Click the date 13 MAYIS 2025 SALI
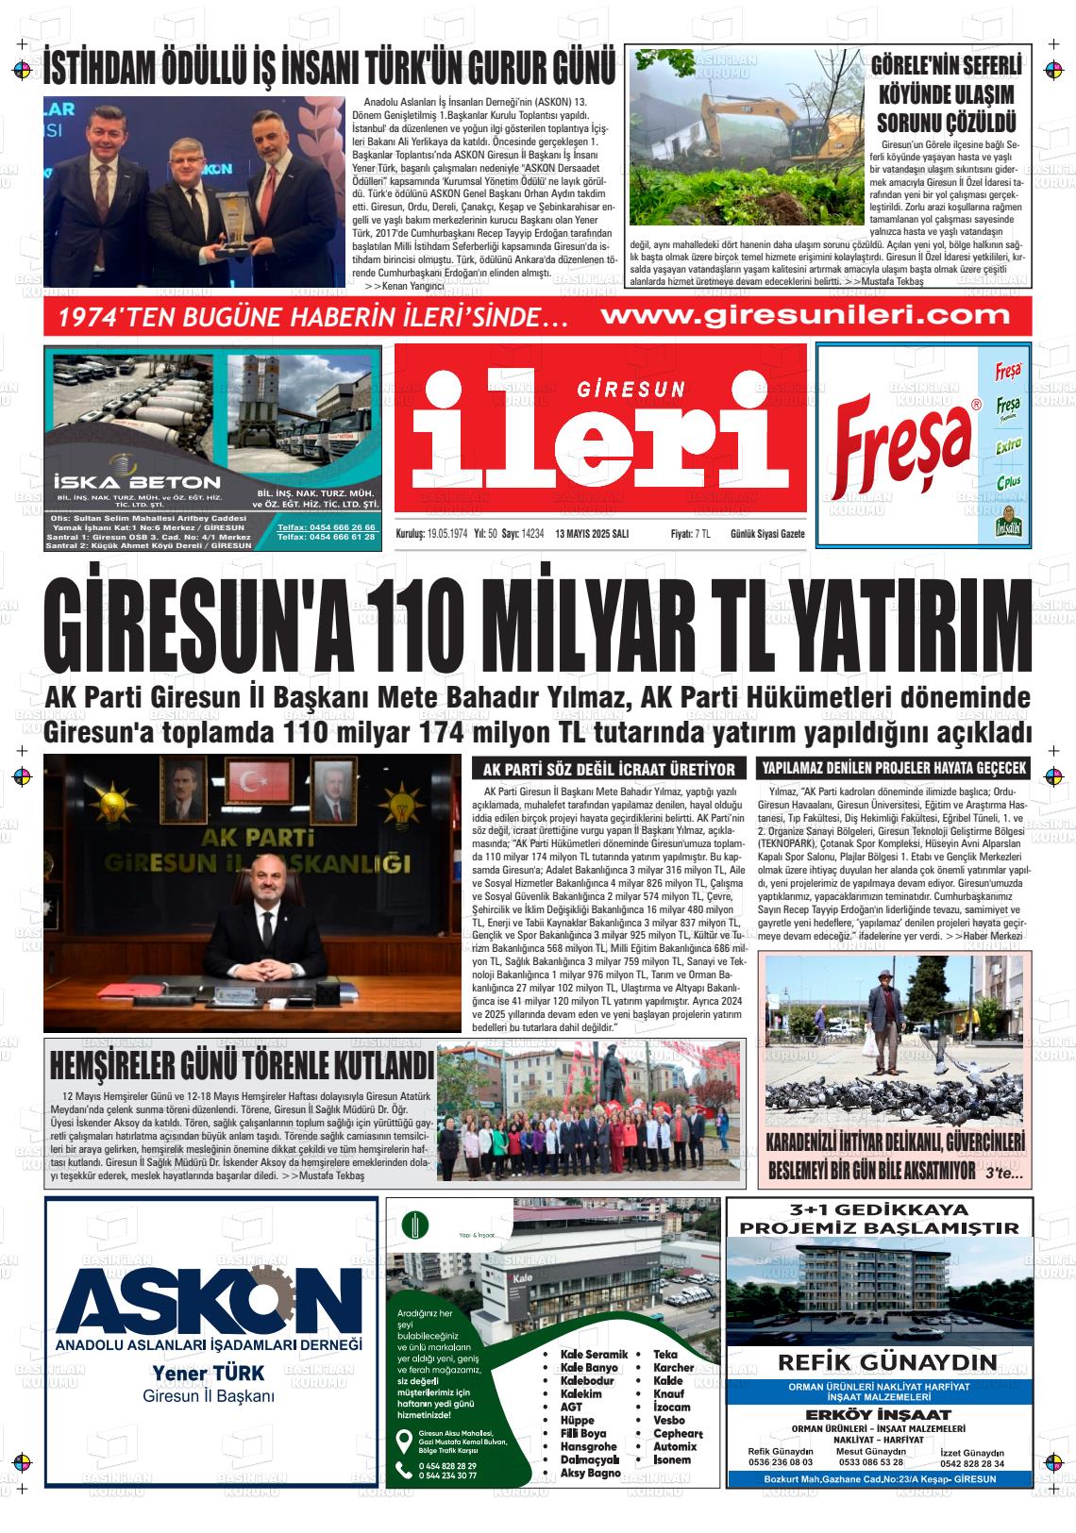(593, 534)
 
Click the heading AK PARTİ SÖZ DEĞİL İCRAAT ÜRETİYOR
(608, 769)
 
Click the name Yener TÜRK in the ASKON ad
(209, 1372)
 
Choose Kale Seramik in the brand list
(593, 1354)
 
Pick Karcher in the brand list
(673, 1367)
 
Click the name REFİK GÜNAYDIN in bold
(887, 1361)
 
